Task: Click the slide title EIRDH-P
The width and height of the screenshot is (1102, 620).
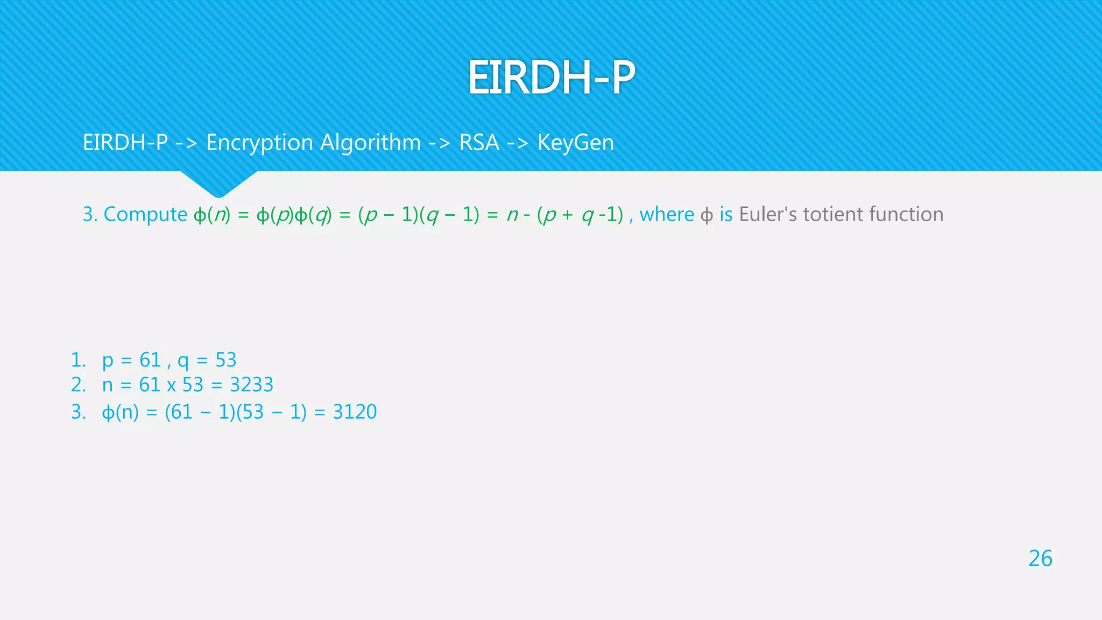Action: click(x=551, y=77)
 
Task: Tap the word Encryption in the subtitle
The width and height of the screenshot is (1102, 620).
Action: click(x=259, y=143)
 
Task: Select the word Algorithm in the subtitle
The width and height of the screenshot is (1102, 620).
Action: click(x=370, y=143)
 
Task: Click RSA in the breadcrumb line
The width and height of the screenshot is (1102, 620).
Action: click(x=479, y=143)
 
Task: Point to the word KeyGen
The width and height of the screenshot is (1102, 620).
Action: click(x=575, y=143)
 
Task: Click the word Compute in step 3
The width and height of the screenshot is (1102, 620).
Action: click(x=145, y=215)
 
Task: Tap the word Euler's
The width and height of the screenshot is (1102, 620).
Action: click(x=768, y=215)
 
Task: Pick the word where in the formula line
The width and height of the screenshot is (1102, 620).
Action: click(x=667, y=215)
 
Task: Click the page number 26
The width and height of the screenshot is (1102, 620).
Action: click(x=1040, y=559)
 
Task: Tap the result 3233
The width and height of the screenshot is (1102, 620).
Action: click(x=251, y=385)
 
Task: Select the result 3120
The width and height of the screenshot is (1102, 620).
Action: click(x=355, y=412)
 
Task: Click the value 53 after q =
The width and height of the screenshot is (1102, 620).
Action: click(x=226, y=360)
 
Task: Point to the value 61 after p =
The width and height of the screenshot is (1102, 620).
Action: click(x=150, y=360)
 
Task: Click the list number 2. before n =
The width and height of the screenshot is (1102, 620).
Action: click(x=79, y=385)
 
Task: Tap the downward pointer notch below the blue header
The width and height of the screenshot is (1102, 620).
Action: click(x=218, y=186)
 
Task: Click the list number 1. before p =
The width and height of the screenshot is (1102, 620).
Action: click(x=79, y=360)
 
